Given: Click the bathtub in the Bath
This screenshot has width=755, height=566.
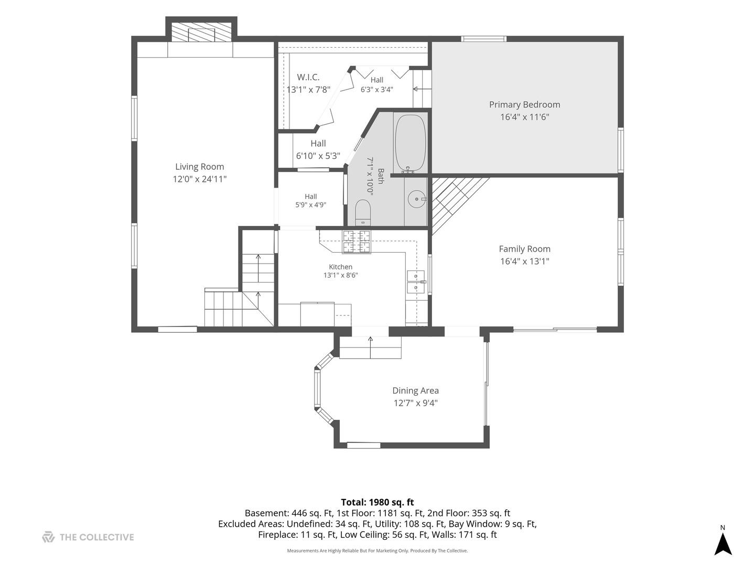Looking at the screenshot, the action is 411,143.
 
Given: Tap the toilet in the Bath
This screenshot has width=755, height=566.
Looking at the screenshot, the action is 362,212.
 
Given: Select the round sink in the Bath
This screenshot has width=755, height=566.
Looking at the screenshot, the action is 416,199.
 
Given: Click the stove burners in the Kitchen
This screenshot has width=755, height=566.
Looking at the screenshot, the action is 357,242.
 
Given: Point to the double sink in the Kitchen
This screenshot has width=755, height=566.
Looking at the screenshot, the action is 416,282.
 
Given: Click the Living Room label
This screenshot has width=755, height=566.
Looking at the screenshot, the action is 200,167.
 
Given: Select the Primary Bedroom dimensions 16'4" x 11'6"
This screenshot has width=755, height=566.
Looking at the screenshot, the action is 524,117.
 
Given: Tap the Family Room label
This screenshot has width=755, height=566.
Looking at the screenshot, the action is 524,249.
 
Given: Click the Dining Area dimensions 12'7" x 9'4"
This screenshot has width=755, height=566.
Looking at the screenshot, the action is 415,403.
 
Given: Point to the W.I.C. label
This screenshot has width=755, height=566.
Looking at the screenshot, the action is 308,77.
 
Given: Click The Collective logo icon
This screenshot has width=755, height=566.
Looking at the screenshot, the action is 48,537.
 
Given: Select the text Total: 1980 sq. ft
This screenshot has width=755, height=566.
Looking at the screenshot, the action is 377,502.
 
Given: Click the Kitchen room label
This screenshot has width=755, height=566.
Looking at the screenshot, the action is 340,267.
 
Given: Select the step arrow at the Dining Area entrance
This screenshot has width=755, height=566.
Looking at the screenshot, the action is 371,347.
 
